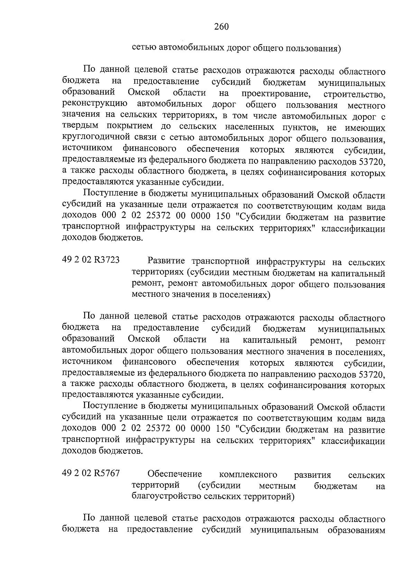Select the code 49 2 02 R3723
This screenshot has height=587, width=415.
[x=91, y=260]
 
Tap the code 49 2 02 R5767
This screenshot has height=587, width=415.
[x=91, y=473]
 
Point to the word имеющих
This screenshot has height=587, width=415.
[x=366, y=128]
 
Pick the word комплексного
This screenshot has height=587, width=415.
[x=248, y=474]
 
